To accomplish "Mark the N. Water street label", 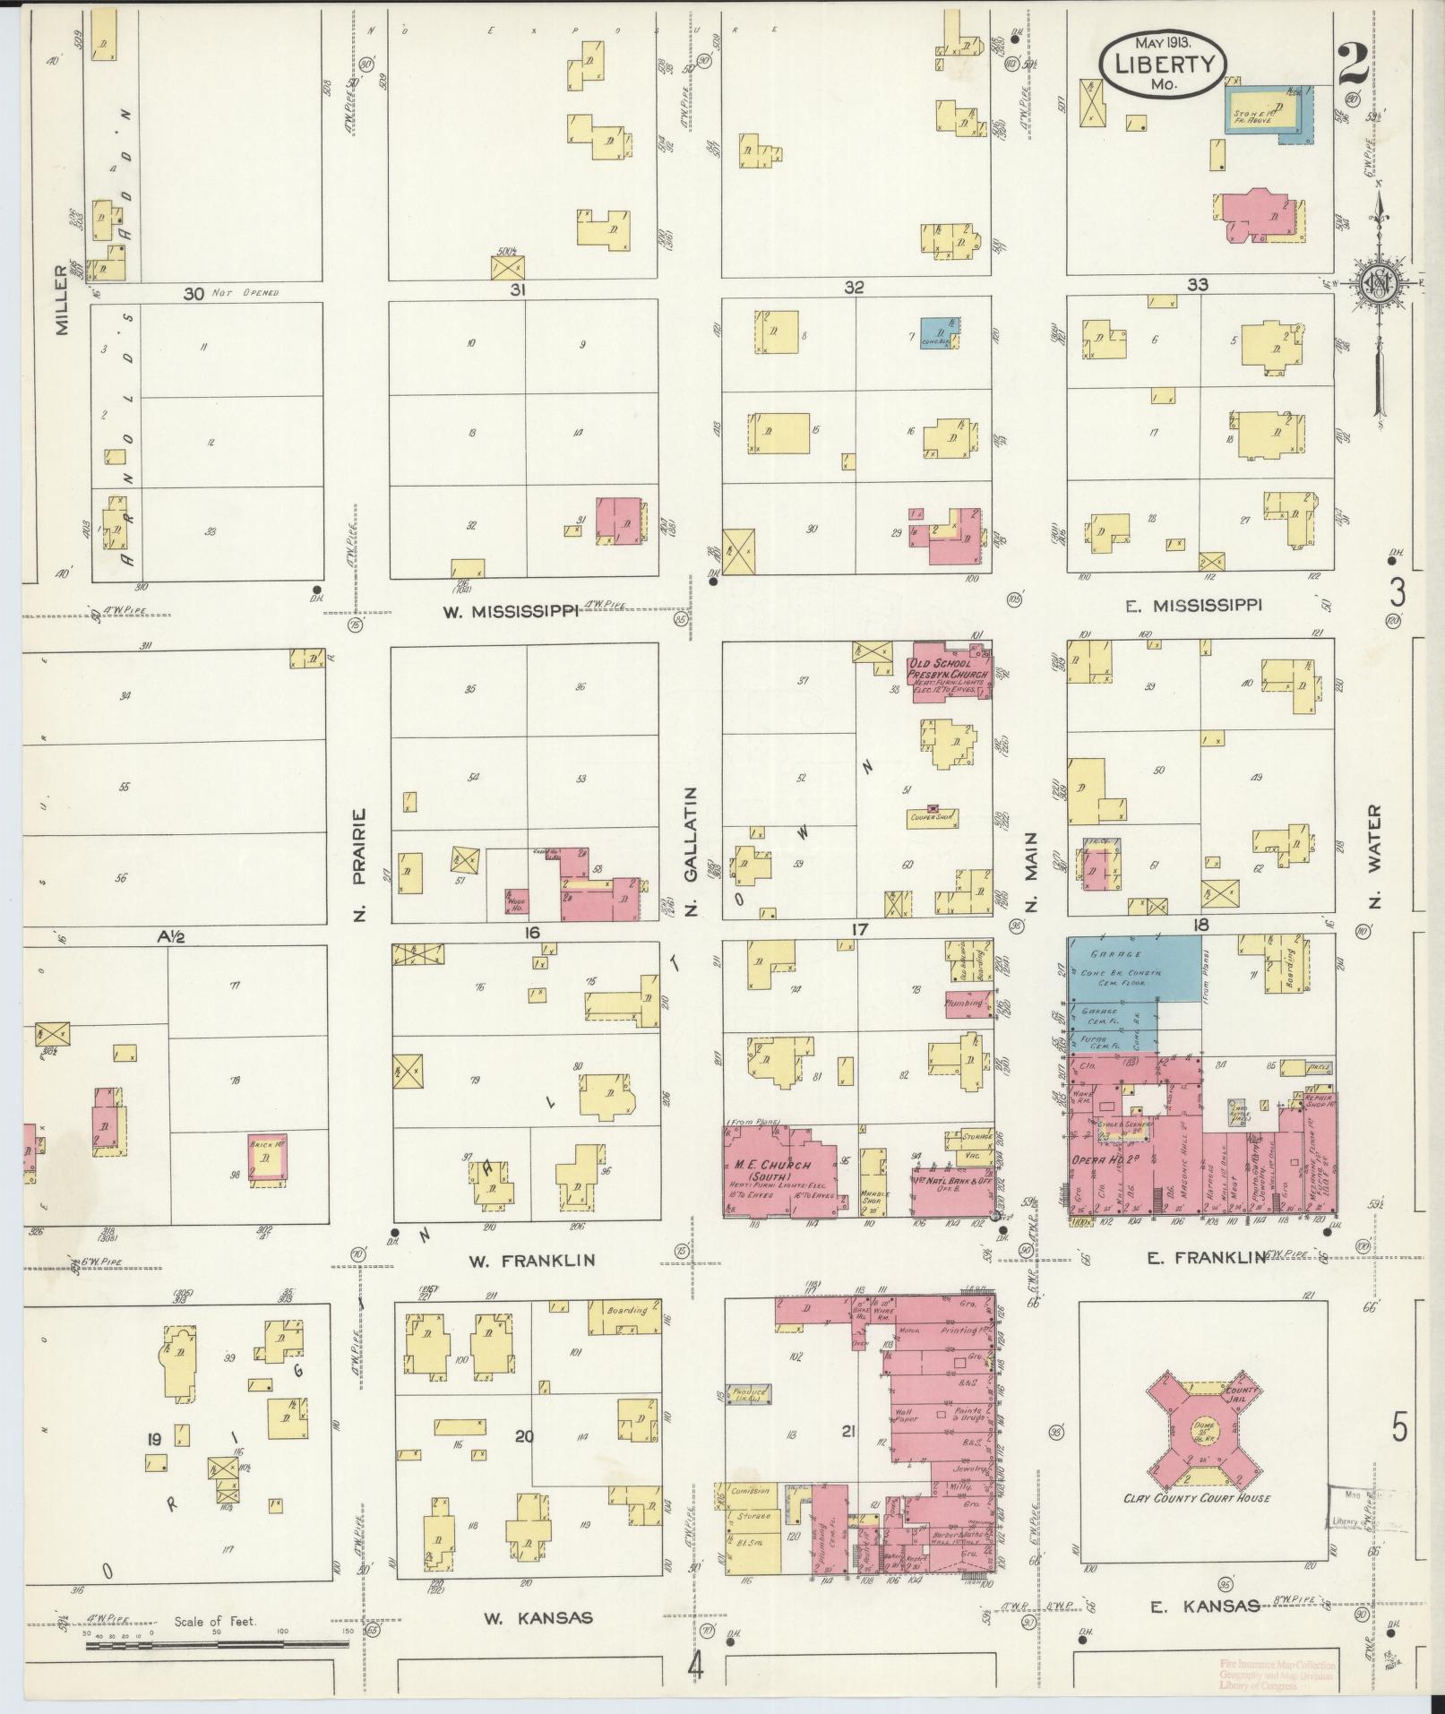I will [1375, 856].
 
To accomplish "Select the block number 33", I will [1197, 285].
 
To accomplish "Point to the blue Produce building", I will [749, 1417].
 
